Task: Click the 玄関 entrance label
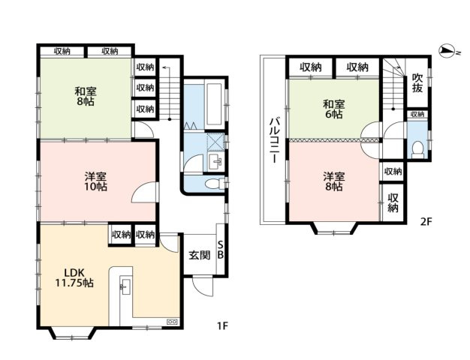click(199, 255)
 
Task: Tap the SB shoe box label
click(220, 250)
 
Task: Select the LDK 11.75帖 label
click(74, 277)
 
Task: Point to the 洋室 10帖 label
click(95, 181)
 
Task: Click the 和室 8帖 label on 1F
click(86, 96)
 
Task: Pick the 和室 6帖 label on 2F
click(333, 109)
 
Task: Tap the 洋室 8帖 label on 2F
click(334, 181)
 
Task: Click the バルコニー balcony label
click(274, 140)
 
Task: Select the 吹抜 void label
click(417, 83)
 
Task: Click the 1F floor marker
click(223, 325)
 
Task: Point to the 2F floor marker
click(426, 222)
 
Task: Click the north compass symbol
click(447, 52)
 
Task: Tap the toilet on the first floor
click(215, 183)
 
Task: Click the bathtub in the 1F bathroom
click(214, 104)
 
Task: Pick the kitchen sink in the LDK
click(125, 285)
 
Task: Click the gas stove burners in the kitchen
click(173, 322)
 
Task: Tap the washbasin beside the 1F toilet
click(215, 162)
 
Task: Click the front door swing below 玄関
click(203, 286)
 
